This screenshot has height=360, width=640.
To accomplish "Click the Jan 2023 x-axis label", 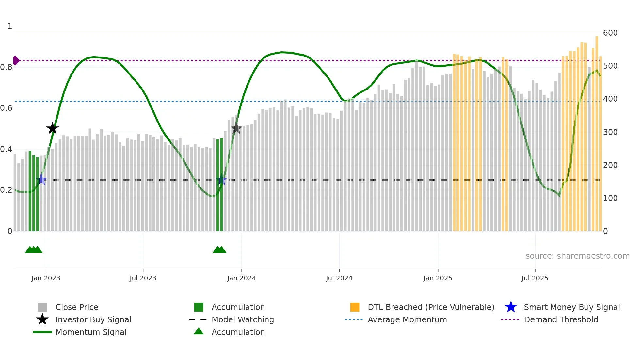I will pos(46,278).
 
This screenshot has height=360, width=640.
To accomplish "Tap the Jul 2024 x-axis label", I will pos(339,278).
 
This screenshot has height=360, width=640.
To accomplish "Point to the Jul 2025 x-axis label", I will pos(535,278).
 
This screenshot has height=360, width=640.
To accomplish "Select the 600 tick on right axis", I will pos(610,33).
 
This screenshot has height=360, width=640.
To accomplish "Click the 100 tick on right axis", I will pos(610,198).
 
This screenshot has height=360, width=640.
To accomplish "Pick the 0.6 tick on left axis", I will pos(7,108).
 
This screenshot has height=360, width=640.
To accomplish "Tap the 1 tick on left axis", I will pos(10,26).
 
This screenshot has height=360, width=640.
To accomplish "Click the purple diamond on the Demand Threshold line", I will pos(16,60).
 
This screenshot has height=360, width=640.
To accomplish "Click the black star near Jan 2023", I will pos(52,128).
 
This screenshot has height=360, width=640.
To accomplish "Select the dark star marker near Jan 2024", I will pos(236,128).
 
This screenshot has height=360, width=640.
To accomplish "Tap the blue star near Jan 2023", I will pos(41,179).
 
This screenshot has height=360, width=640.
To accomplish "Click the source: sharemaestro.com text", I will pos(577,256).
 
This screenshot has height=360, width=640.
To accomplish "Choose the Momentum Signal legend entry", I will pos(91,332).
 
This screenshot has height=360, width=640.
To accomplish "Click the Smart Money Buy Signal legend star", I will pos(511,307).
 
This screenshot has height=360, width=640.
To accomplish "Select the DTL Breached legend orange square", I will pos(355,307).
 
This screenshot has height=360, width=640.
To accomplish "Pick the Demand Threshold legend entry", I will pos(561,319).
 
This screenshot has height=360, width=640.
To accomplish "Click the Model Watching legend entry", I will pos(242,319).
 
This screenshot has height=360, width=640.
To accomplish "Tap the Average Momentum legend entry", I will pos(407,319).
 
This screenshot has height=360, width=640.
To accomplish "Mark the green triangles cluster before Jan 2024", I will pos(219,250).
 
